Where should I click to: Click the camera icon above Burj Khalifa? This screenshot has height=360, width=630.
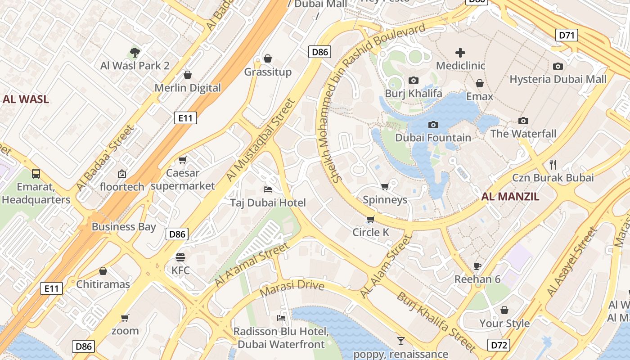413,81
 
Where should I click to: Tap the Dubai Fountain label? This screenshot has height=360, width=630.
433,138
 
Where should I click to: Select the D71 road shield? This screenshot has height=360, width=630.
567,35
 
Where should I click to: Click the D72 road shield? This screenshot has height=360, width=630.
499,345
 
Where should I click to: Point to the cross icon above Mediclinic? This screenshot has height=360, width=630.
460,53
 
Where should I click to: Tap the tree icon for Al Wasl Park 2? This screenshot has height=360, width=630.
135,53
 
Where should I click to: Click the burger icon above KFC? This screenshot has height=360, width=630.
180,257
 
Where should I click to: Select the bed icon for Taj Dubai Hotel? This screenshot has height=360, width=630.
268,189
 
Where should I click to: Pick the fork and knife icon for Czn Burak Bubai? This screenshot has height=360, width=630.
553,164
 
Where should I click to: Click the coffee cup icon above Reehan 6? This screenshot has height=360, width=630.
477,266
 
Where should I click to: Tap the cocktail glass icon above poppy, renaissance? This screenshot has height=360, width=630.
400,341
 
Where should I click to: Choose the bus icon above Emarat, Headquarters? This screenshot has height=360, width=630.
36,173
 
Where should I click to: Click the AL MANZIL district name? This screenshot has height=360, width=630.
510,197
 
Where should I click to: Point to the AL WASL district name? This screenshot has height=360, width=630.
26,99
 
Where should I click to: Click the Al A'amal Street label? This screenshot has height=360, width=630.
252,265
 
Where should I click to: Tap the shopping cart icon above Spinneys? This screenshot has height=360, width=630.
385,186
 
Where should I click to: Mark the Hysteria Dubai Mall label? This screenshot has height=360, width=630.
558,80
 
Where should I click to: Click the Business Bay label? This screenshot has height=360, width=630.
124,227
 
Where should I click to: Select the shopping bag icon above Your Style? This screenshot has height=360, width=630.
504,310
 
